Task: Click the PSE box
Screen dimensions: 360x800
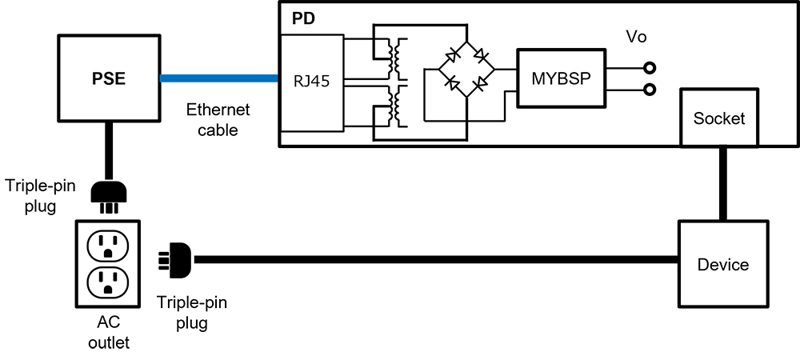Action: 108,78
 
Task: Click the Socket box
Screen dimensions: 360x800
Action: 718,118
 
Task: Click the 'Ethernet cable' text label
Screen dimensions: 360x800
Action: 218,119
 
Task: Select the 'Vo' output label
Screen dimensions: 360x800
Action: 636,38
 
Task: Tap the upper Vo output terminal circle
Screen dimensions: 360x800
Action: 650,68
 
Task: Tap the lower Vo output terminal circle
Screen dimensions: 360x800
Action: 650,90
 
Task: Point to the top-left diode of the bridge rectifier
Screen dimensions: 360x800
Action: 453,54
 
